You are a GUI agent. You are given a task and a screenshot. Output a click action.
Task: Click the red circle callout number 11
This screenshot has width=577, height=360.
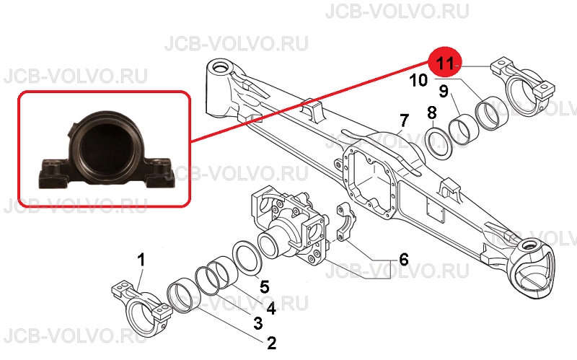tap(444, 63)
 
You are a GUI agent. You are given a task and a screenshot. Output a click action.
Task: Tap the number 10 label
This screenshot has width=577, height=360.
tap(418, 80)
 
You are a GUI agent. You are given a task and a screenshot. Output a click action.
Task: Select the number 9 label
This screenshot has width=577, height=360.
tap(444, 91)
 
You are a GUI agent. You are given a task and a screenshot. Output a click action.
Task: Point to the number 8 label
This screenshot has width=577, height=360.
tap(432, 113)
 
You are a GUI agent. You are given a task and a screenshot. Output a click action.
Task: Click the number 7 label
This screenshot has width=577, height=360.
tap(404, 120)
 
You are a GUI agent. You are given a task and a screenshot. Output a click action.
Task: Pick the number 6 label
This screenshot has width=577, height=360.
tap(404, 259)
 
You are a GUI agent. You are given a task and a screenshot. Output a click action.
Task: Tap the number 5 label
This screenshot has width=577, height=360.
tap(265, 286)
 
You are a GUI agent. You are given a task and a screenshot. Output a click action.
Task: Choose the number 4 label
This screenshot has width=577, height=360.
tap(271, 308)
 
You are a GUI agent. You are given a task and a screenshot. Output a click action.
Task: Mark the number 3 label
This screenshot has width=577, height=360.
tap(258, 322)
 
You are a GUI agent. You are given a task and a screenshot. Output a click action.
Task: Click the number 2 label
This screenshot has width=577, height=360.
tap(271, 343)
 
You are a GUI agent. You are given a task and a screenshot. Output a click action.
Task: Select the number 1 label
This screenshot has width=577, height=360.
tap(141, 260)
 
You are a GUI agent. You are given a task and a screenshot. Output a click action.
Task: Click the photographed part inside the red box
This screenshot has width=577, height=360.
tap(105, 149)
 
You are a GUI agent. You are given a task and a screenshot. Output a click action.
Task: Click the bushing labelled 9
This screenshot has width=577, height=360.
tap(463, 125)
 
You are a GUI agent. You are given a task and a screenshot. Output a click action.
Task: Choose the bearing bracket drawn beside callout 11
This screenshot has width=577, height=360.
tap(522, 87)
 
